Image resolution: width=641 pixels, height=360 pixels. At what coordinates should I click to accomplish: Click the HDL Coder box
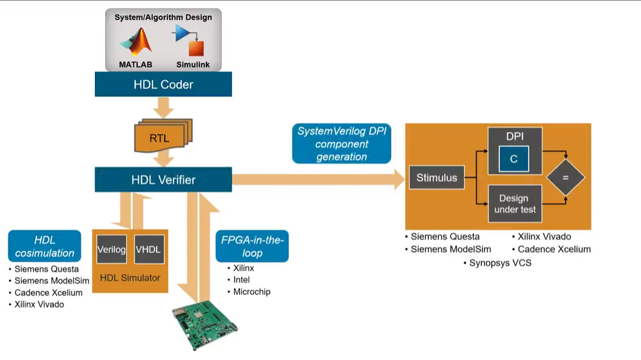pyautogui.click(x=163, y=84)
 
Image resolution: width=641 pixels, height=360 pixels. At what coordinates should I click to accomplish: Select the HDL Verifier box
pyautogui.click(x=163, y=180)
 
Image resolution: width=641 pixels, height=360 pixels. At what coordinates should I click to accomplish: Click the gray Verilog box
pyautogui.click(x=111, y=249)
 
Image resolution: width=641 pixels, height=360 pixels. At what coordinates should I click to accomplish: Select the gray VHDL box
pyautogui.click(x=149, y=249)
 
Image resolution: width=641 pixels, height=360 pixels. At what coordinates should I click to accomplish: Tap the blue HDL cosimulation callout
pyautogui.click(x=45, y=247)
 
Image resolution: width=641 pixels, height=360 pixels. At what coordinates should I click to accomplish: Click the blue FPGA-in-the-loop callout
pyautogui.click(x=252, y=247)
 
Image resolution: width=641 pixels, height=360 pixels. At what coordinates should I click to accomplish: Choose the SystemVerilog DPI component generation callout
pyautogui.click(x=342, y=143)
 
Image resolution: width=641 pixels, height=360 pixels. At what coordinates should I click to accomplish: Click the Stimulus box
pyautogui.click(x=437, y=177)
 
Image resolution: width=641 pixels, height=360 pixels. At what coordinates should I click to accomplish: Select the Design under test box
pyautogui.click(x=515, y=204)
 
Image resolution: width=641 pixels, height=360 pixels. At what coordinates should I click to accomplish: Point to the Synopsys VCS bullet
pyautogui.click(x=499, y=263)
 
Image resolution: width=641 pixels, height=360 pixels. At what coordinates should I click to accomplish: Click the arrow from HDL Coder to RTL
pyautogui.click(x=163, y=108)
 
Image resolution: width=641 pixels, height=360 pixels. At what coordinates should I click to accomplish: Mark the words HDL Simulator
pyautogui.click(x=130, y=277)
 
